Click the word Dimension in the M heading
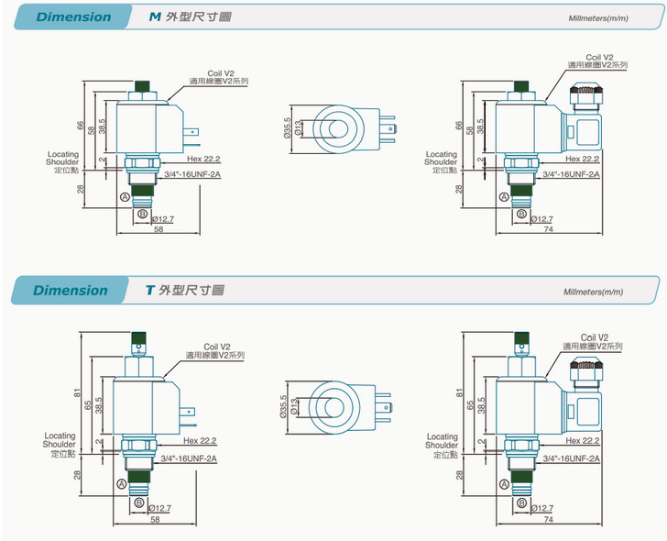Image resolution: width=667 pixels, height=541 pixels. point(74,17)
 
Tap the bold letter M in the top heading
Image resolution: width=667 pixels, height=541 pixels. point(155,17)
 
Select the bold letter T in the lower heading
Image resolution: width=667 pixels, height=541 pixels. point(150,291)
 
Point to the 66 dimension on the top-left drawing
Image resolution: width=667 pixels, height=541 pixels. point(80,125)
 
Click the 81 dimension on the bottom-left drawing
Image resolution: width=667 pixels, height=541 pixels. point(80,394)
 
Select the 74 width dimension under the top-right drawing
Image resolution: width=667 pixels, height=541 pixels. point(549,228)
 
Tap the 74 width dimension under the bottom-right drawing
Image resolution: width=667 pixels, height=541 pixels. point(548,519)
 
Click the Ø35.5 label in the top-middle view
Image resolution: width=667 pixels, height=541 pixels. point(287,127)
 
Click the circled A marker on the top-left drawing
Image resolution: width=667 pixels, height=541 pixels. point(125,196)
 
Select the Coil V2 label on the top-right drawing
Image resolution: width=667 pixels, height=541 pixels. point(599,57)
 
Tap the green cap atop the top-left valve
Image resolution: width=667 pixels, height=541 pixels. point(143,86)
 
